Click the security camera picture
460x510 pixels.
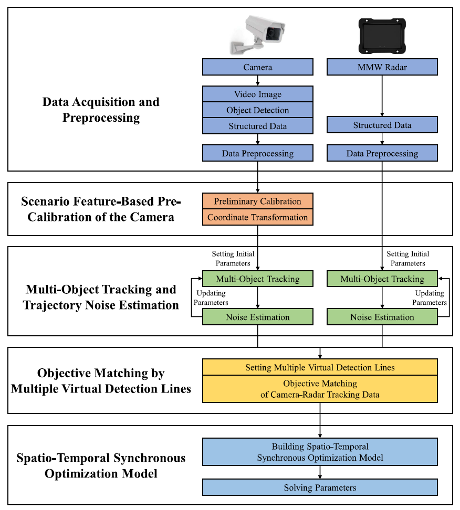[x=257, y=34]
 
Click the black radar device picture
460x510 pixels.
[x=382, y=36]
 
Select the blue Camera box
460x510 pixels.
[x=257, y=67]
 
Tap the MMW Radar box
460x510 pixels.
[x=382, y=67]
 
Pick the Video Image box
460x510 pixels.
[x=257, y=94]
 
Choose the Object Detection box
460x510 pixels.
[x=257, y=110]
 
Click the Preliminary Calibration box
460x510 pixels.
[x=257, y=201]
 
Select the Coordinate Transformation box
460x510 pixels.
[x=257, y=217]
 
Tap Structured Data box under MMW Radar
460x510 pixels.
[x=382, y=125]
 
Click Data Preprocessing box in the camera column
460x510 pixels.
[x=257, y=153]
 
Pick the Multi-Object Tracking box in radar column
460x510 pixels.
[x=382, y=279]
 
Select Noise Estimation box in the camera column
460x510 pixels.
[x=257, y=317]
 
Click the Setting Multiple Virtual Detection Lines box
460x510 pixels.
[x=320, y=367]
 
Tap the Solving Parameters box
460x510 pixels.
[x=320, y=487]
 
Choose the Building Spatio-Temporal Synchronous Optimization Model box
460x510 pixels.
[x=320, y=452]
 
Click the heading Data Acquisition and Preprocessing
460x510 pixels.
[x=101, y=110]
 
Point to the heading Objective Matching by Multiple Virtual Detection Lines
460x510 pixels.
[x=101, y=380]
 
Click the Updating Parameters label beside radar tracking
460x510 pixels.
[x=430, y=297]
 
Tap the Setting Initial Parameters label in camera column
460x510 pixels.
[x=233, y=258]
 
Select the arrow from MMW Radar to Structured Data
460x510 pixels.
[x=382, y=96]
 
